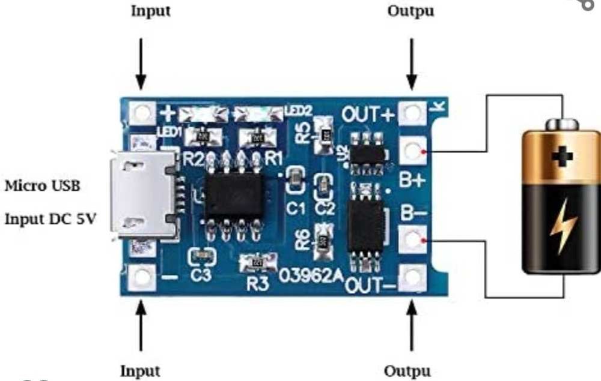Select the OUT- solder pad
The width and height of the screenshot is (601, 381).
(x=413, y=278)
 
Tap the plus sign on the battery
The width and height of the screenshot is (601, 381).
(x=563, y=157)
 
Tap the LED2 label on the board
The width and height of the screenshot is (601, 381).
(x=298, y=111)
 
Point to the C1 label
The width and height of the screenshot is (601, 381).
(x=296, y=208)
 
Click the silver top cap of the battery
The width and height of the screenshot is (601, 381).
(x=563, y=125)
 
